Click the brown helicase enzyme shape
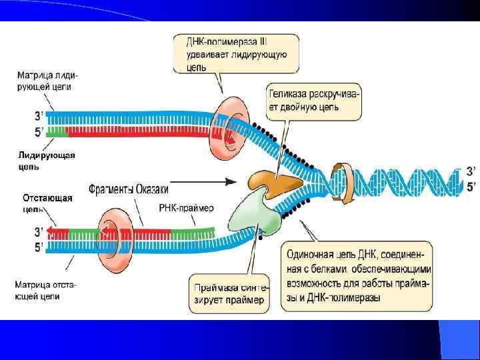point(273,181)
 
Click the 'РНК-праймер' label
point(186,208)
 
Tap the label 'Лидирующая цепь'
point(46,161)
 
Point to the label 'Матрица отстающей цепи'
point(45,290)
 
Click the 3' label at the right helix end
point(471,171)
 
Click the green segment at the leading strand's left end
point(56,131)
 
